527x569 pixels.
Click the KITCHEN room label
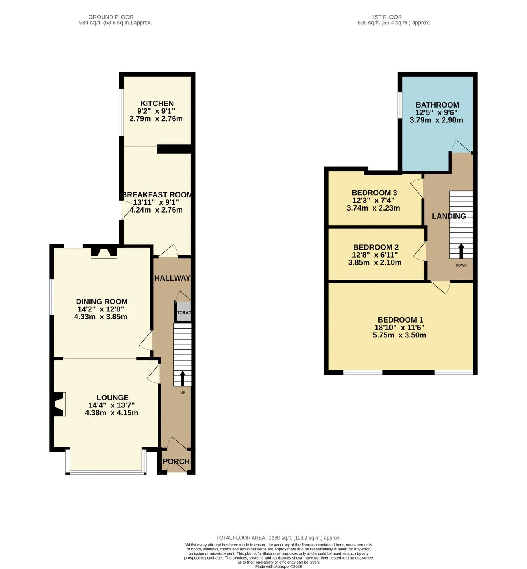[157, 103]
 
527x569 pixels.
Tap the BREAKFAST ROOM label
[157, 195]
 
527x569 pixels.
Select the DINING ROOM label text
[102, 302]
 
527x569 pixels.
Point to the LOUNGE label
[112, 397]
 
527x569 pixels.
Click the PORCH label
[176, 461]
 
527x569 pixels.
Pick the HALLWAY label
[172, 278]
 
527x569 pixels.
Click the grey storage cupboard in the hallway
[184, 312]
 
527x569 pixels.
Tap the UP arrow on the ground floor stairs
[182, 379]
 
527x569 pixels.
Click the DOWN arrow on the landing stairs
[461, 251]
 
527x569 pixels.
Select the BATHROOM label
[437, 105]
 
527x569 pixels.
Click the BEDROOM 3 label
[374, 193]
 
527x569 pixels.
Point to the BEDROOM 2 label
[376, 247]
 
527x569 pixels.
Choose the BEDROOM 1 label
[400, 320]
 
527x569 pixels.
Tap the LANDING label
[449, 216]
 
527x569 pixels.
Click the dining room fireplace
[104, 253]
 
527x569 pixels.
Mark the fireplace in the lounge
[58, 404]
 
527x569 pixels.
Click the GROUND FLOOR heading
[111, 17]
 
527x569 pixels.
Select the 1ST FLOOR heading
[387, 17]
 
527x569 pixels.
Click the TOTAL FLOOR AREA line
[278, 538]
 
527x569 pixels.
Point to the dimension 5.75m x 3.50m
[399, 335]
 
